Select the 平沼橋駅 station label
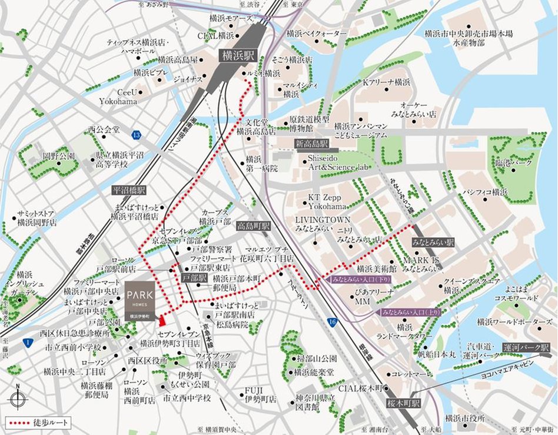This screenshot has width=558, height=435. (129, 191)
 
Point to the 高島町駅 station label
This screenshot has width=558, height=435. (253, 226)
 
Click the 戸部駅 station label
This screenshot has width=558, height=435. (194, 276)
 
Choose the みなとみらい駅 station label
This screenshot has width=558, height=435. (433, 242)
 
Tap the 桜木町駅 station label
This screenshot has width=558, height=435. (404, 404)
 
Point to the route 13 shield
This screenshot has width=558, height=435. (137, 135)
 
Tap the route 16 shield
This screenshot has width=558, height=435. (333, 321)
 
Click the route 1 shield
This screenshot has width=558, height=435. (28, 342)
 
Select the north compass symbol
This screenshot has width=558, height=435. (18, 399)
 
